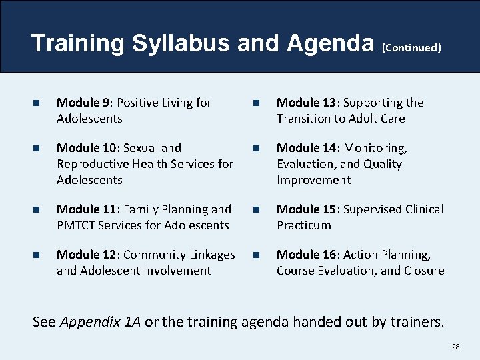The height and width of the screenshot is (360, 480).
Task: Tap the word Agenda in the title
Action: [330, 43]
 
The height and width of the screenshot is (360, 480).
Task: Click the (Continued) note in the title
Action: [411, 47]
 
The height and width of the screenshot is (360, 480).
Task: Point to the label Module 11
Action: [86, 209]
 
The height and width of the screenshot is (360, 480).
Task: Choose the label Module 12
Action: [86, 255]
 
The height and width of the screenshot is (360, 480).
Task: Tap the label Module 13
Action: [306, 103]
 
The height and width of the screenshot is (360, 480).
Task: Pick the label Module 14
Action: [306, 148]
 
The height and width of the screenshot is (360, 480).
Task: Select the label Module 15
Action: [306, 209]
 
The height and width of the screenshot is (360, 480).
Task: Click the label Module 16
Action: [306, 255]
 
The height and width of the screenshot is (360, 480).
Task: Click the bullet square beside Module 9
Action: [37, 103]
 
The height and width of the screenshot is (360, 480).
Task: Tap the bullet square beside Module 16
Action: [257, 255]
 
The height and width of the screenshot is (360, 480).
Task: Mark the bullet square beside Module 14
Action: [257, 149]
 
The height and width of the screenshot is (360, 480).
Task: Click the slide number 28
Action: [455, 347]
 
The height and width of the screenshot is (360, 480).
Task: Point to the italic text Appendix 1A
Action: [101, 323]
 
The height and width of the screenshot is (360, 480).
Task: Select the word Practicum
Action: [304, 225]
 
